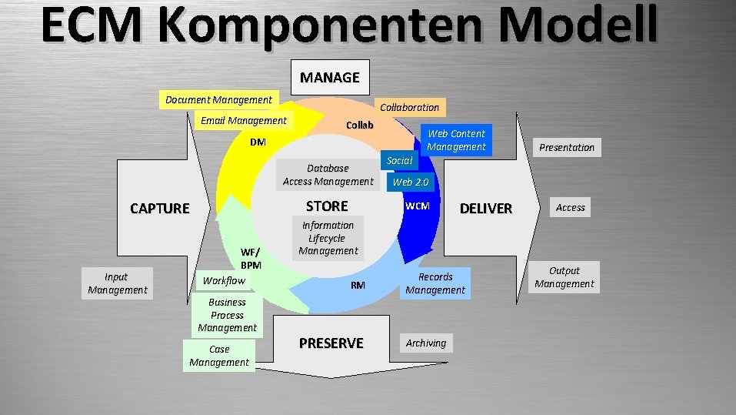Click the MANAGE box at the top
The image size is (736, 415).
[x=330, y=77]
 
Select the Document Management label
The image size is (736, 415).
[x=219, y=99]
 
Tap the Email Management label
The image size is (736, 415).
[x=243, y=120]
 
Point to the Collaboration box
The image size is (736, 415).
[x=409, y=107]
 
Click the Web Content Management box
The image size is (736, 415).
[x=456, y=140]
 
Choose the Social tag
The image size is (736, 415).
[x=400, y=160]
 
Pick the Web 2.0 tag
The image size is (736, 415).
[x=411, y=182]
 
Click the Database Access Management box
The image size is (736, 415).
[x=328, y=175]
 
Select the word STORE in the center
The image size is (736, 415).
[x=327, y=206]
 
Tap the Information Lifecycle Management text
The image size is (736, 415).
[x=328, y=238]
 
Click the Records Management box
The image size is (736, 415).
[x=435, y=283]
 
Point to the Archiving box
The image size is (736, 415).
[x=426, y=343]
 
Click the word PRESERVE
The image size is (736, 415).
[x=331, y=343]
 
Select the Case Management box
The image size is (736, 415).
[x=219, y=356]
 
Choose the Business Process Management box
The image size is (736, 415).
[x=227, y=315]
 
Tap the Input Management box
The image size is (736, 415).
[x=117, y=283]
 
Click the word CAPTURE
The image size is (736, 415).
[x=159, y=208]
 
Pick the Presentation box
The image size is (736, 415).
[x=567, y=147]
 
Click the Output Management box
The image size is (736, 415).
[x=564, y=277]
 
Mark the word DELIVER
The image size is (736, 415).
[x=485, y=208]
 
